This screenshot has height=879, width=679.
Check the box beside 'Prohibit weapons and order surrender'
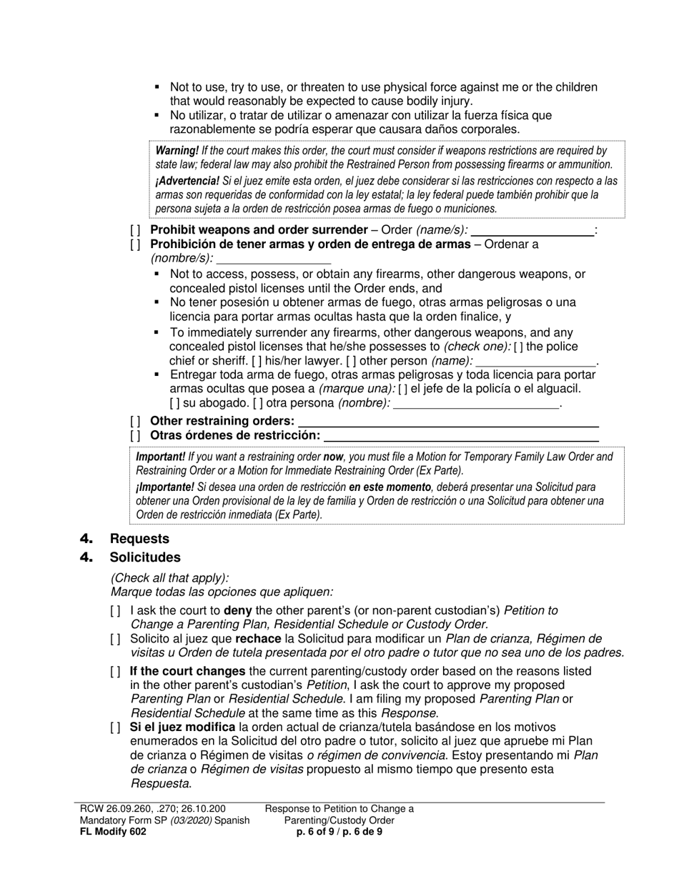pos(135,230)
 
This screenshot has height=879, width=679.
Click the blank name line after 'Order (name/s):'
pos(532,231)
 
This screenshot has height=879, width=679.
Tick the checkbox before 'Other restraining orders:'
pos(135,421)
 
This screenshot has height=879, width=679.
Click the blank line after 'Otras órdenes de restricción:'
pos(460,435)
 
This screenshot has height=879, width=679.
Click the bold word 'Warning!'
pos(177,151)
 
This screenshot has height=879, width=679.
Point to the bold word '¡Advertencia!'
pos(187,181)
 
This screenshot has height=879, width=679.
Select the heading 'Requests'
pos(139,539)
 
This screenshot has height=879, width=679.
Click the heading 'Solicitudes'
pos(145,557)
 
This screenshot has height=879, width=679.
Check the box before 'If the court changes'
pos(116,672)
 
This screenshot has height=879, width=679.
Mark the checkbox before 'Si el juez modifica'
pos(116,727)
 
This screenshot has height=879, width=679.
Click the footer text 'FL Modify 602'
pos(113,831)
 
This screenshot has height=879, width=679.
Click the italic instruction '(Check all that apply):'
pos(170,578)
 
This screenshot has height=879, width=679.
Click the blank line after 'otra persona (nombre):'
pos(476,404)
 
